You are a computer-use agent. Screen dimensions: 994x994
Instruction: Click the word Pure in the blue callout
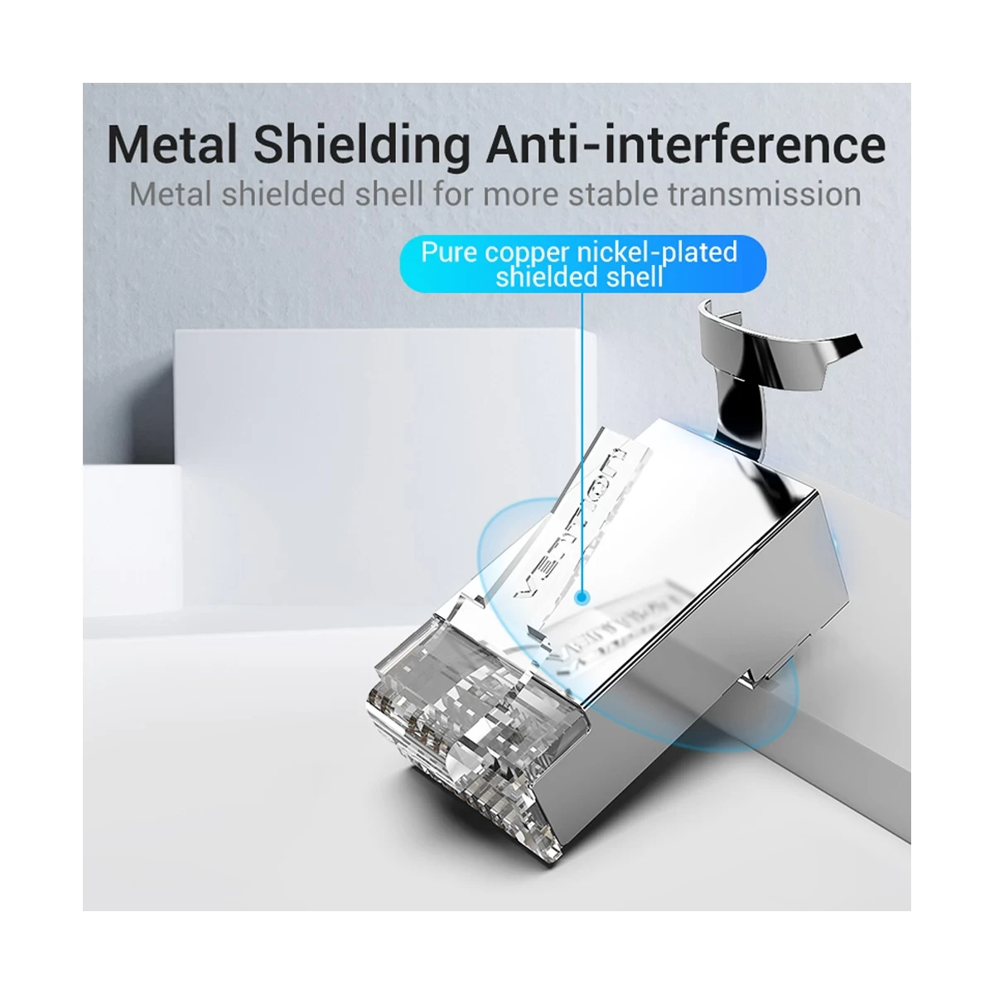click(450, 251)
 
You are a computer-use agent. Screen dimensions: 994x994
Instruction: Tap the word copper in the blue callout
click(528, 253)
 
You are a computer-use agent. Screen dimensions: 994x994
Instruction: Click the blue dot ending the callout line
click(582, 595)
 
